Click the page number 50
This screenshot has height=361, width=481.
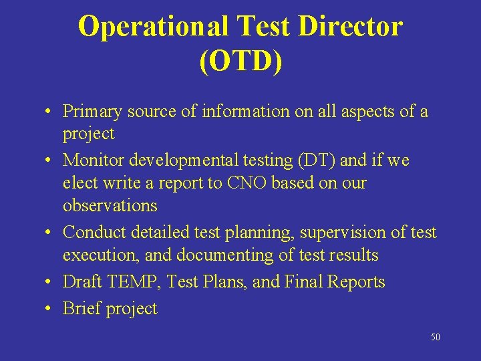pyautogui.click(x=435, y=338)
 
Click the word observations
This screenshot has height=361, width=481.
pyautogui.click(x=110, y=205)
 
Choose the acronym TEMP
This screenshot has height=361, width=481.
pyautogui.click(x=133, y=282)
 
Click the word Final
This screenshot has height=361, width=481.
pyautogui.click(x=303, y=282)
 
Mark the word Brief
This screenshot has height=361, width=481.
pyautogui.click(x=79, y=309)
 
